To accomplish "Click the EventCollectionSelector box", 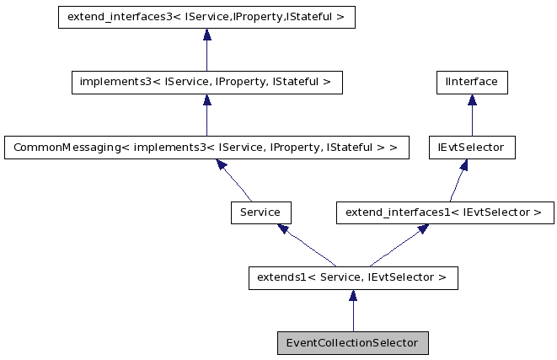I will pyautogui.click(x=353, y=343).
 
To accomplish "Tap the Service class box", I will pyautogui.click(x=260, y=212).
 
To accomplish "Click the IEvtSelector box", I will pyautogui.click(x=471, y=148).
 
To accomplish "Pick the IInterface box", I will pyautogui.click(x=471, y=83).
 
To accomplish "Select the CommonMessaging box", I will pyautogui.click(x=206, y=148).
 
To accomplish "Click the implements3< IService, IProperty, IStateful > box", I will pyautogui.click(x=206, y=83).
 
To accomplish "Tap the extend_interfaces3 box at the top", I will pyautogui.click(x=206, y=18).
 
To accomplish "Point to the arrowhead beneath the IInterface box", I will pyautogui.click(x=471, y=100).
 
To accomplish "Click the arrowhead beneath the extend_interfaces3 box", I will pyautogui.click(x=206, y=35).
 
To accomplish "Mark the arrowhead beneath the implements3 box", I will pyautogui.click(x=206, y=100).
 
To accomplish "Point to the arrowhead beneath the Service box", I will pyautogui.click(x=284, y=229).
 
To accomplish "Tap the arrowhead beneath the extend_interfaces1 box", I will pyautogui.click(x=421, y=229).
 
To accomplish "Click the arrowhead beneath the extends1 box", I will pyautogui.click(x=353, y=295).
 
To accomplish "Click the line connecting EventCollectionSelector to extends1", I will pyautogui.click(x=353, y=316).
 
